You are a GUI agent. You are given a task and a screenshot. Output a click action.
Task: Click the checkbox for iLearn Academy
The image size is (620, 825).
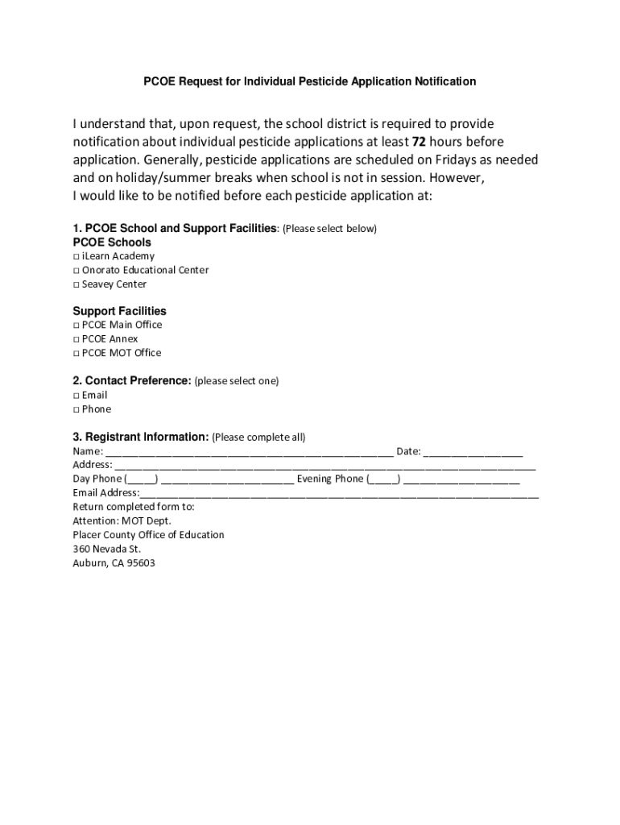click(x=76, y=256)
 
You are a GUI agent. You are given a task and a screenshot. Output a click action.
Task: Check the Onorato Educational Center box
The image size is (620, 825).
click(x=76, y=271)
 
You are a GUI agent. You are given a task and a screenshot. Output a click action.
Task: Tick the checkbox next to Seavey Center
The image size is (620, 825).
click(x=76, y=284)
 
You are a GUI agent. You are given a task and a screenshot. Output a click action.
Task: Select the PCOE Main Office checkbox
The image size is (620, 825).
click(x=76, y=325)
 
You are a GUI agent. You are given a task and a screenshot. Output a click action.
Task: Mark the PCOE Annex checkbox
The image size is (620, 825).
click(x=76, y=339)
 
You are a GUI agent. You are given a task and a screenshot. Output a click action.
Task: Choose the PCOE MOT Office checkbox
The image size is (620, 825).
click(x=76, y=353)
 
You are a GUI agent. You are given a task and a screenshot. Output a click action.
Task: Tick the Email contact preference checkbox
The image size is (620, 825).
click(x=76, y=396)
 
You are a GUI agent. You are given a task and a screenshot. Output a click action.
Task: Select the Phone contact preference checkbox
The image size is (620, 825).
click(x=76, y=409)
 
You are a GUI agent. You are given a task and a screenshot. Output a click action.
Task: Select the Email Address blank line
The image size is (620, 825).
click(x=339, y=494)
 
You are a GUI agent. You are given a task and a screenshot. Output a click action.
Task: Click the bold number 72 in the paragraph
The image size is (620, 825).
click(x=420, y=142)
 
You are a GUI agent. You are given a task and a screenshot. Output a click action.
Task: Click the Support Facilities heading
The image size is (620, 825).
click(x=119, y=311)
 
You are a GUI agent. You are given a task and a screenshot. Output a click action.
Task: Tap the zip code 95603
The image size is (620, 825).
click(x=140, y=563)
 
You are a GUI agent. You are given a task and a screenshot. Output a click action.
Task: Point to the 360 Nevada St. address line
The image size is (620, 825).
click(x=106, y=549)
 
